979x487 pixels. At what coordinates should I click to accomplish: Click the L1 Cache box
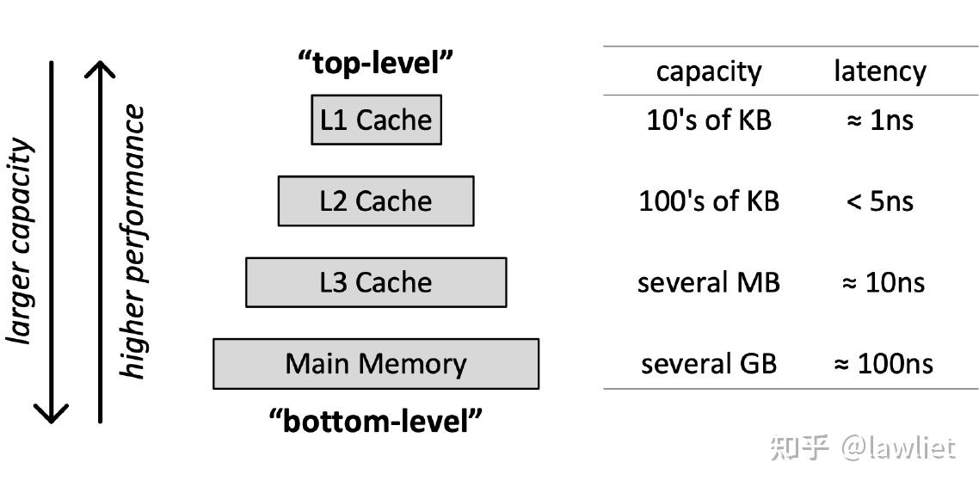click(x=376, y=120)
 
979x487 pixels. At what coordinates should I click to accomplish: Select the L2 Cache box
click(x=376, y=201)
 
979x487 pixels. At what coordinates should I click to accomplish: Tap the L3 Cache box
click(x=376, y=282)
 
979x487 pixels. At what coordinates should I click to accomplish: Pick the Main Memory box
click(x=376, y=364)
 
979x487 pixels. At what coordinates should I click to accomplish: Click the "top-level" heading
click(x=376, y=63)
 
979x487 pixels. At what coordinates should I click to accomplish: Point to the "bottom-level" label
click(x=376, y=422)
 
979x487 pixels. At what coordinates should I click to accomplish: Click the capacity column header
click(x=709, y=71)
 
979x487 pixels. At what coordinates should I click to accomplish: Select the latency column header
click(x=879, y=71)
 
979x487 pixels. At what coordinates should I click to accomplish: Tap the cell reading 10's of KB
click(x=709, y=120)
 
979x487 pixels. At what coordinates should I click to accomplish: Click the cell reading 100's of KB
click(x=709, y=201)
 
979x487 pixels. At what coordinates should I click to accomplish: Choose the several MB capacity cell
click(x=709, y=282)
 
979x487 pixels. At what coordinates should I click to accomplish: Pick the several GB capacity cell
click(x=709, y=364)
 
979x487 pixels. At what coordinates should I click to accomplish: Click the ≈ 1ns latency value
click(x=879, y=120)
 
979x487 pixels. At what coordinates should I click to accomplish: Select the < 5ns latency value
click(x=879, y=201)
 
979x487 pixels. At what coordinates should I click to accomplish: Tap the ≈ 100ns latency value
click(x=883, y=364)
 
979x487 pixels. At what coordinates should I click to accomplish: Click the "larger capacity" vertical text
click(x=21, y=241)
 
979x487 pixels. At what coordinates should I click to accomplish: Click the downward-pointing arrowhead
click(x=52, y=413)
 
